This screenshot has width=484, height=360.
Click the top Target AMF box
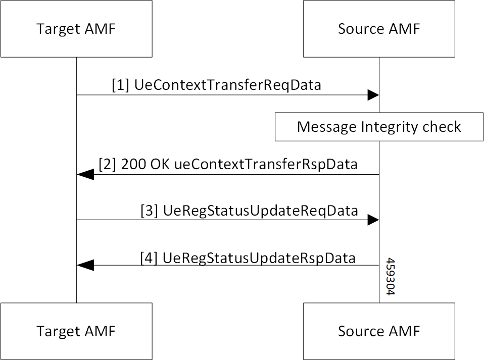coord(76,29)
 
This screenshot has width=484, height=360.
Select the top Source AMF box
coord(379,29)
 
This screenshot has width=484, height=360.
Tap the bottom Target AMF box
coord(76,331)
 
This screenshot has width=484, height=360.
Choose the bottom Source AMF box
coord(379,331)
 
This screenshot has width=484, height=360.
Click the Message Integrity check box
coord(379,127)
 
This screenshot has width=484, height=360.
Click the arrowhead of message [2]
coord(85,175)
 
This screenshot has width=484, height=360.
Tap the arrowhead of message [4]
coord(85,265)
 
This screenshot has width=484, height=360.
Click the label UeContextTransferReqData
coord(227,85)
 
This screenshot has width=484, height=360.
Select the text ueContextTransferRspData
coord(265,165)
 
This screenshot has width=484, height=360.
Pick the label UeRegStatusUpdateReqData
coord(261,210)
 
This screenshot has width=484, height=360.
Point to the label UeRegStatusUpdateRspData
coord(259,258)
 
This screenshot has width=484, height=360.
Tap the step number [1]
coord(121,85)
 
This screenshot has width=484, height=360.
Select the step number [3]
coord(150,210)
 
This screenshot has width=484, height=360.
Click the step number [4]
coord(150,258)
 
